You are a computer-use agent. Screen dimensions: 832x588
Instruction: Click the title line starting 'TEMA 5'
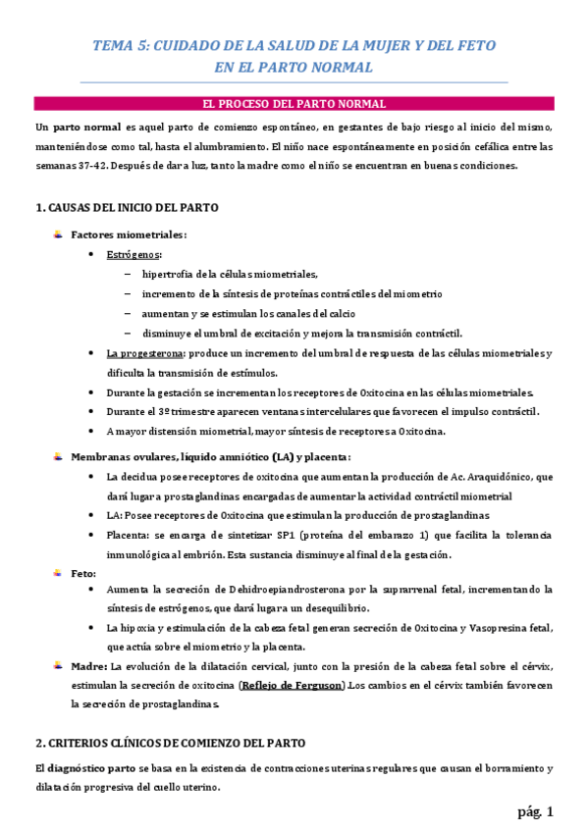[294, 46]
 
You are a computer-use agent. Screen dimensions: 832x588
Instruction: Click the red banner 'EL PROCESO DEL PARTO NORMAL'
[294, 103]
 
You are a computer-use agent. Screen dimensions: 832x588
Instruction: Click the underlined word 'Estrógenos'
[134, 254]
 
